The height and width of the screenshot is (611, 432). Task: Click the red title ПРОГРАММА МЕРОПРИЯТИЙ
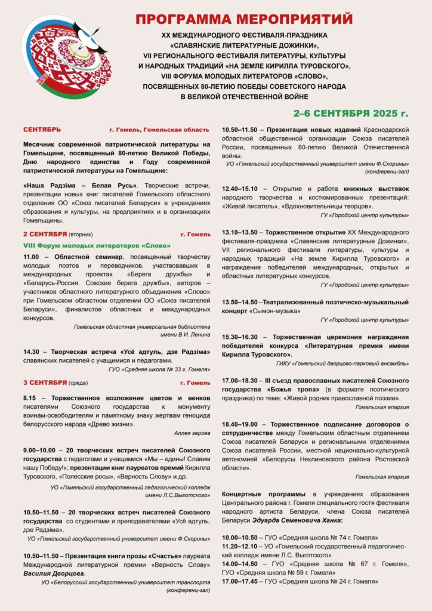243,20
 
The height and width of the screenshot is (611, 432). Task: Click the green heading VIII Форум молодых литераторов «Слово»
97,245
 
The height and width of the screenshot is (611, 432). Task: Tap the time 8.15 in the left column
32,397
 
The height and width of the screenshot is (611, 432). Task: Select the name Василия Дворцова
54,573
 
